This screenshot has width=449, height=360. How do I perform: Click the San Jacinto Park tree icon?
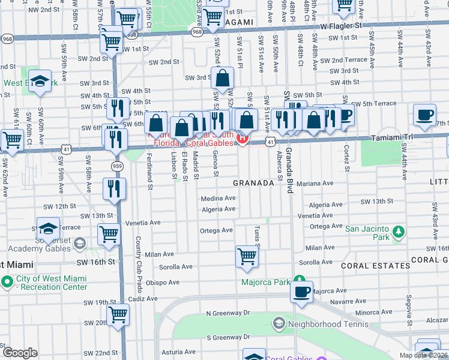coord(397,232)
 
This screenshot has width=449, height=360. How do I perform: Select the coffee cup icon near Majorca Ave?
coord(302,292)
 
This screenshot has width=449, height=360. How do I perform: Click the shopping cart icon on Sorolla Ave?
coord(247,256)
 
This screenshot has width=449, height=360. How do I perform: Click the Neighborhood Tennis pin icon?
coord(278,324)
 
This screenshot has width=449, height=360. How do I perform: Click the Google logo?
coord(20,353)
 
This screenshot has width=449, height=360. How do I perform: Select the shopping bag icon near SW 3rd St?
coord(222,78)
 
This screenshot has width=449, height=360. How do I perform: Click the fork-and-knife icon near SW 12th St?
coord(114,188)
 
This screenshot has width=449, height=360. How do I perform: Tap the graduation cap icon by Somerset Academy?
coord(48,229)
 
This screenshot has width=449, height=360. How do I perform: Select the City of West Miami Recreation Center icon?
coord(7,281)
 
